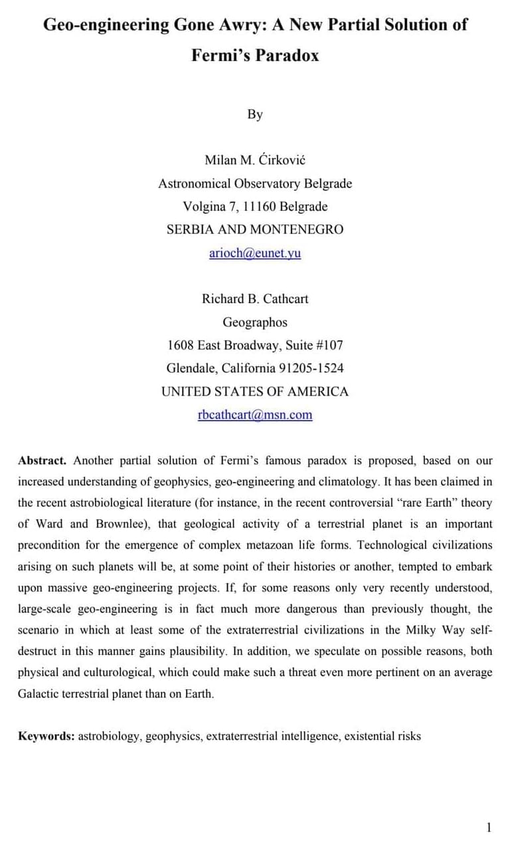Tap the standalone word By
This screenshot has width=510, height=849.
(255, 114)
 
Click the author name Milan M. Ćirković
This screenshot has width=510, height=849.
(255, 160)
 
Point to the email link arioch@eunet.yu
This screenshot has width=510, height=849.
(255, 253)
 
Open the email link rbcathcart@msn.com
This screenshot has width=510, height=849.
(255, 415)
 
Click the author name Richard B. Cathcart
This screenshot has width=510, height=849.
(255, 299)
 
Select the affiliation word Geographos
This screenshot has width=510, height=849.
(255, 322)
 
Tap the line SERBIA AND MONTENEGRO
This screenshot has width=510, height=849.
(255, 229)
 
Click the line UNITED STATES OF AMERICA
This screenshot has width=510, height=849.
(255, 392)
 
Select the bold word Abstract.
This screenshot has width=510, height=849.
(42, 461)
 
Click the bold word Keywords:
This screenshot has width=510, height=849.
(46, 736)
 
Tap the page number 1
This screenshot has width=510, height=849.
(489, 828)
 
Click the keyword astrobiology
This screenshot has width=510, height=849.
(109, 736)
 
